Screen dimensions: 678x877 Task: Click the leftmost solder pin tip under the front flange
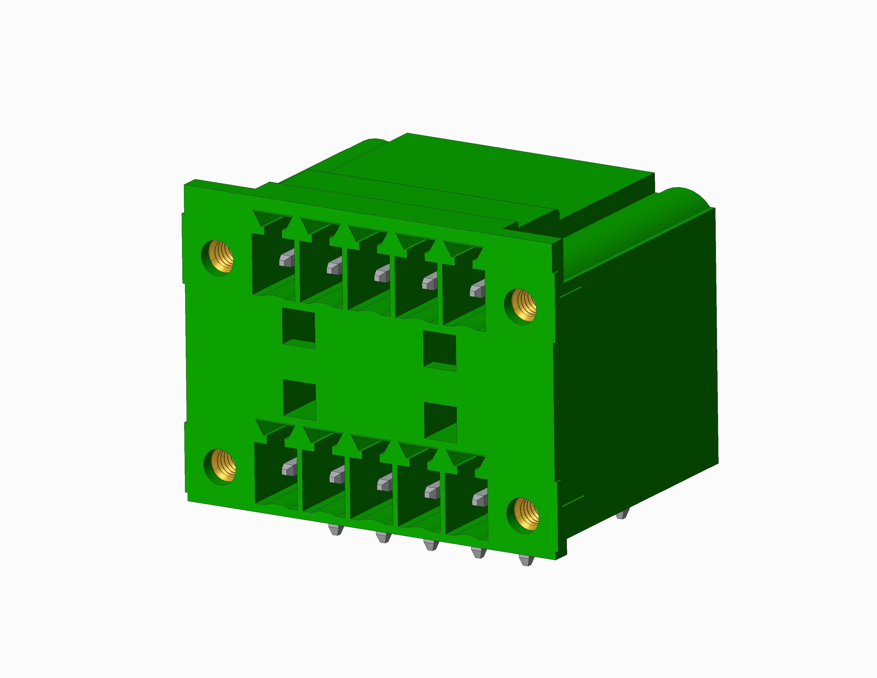[335, 530]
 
